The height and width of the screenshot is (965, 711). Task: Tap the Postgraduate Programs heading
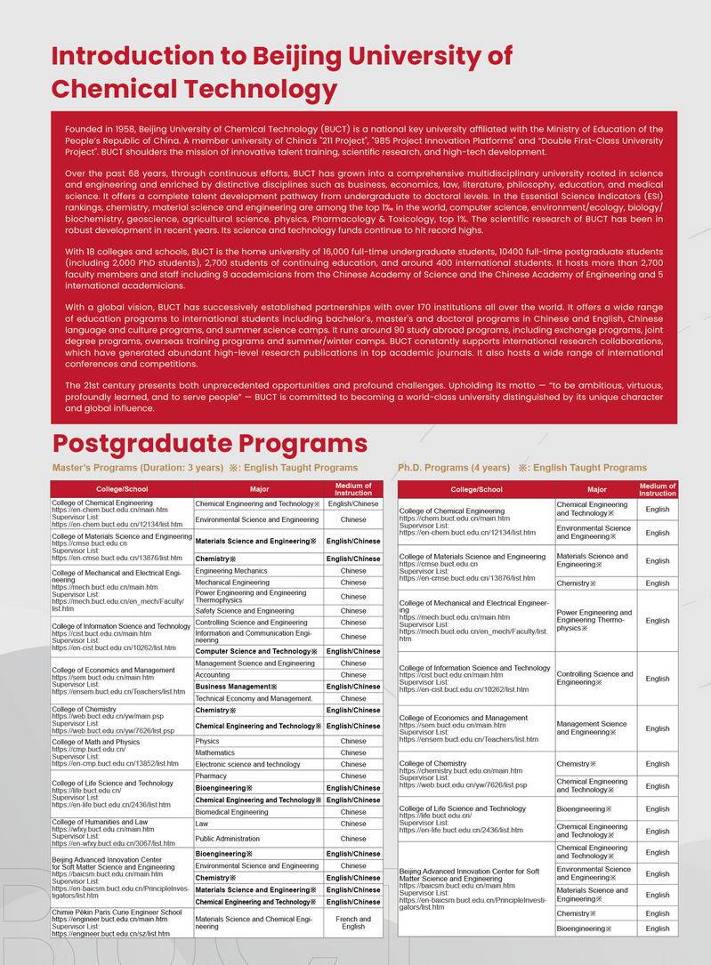pos(210,443)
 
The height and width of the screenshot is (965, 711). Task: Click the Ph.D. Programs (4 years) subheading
pos(454,468)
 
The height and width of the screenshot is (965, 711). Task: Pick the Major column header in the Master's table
pos(259,488)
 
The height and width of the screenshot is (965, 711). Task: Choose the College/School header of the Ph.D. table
pos(476,489)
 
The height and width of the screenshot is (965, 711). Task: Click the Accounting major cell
pos(213,675)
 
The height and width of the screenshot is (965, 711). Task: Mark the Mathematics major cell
pos(215,752)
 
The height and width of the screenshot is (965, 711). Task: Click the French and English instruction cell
pos(353,921)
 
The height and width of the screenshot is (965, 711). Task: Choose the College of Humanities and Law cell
pos(100,823)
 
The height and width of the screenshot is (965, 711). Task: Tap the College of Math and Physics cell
pos(96,742)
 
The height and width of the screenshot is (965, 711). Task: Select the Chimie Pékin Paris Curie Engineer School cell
pos(117,912)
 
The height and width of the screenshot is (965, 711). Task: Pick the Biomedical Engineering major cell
pos(231,812)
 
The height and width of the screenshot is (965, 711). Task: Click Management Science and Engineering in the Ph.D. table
pos(593,728)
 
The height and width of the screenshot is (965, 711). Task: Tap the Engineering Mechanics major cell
pos(231,571)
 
